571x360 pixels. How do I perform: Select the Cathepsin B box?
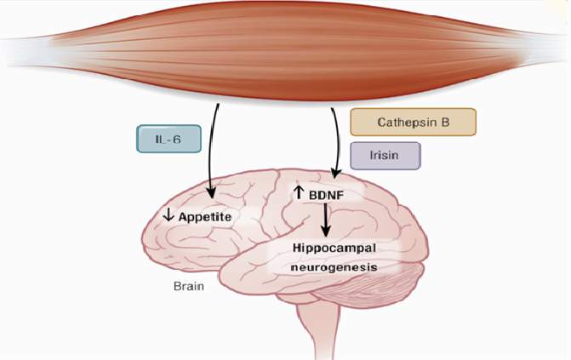point(413,122)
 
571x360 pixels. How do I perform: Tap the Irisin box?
point(385,155)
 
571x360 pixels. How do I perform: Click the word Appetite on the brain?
point(204,217)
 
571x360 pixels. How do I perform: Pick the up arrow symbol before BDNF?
point(298,193)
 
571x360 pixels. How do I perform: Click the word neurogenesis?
point(333,266)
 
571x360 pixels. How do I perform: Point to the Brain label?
point(189,287)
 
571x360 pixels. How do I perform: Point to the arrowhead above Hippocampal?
point(325,234)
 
